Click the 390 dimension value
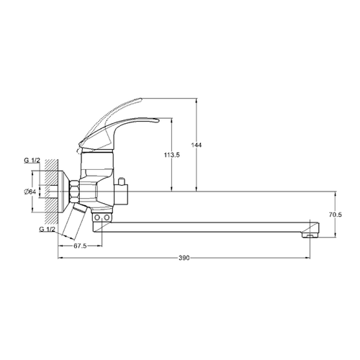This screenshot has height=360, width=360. coord(184,258)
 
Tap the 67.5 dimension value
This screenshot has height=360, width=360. coord(80,246)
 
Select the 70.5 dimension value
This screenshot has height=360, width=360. coord(335,215)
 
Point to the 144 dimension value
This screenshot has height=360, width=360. coord(197,145)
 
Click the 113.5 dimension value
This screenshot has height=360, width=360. coord(172,155)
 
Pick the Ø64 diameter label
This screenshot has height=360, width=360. coord(30,192)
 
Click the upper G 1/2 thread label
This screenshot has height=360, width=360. coord(32,161)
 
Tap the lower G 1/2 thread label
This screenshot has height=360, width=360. coord(47,229)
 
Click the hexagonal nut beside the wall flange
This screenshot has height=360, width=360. coord(74,192)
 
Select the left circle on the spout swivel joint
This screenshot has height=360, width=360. coord(97,217)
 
